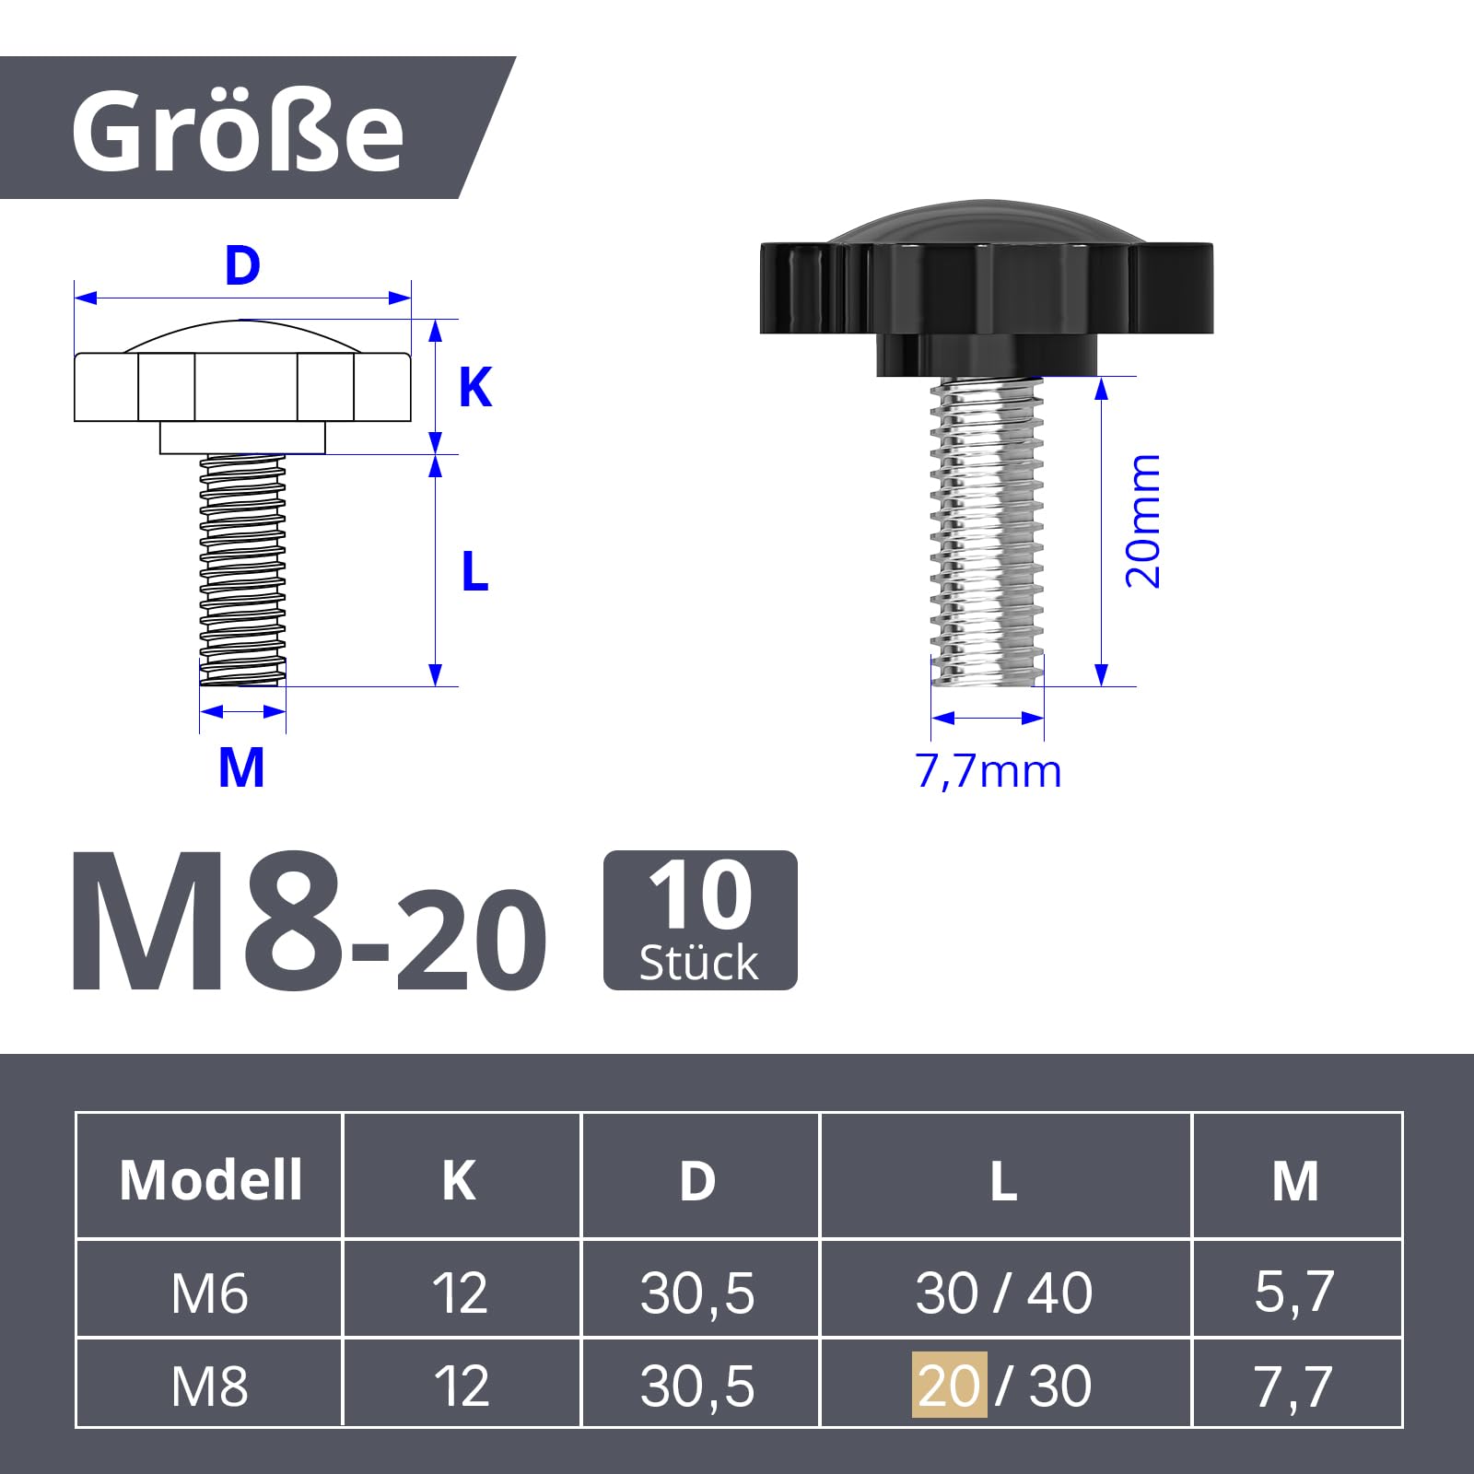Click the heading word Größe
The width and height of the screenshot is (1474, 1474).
tap(238, 131)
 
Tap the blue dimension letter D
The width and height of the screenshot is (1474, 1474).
tap(242, 265)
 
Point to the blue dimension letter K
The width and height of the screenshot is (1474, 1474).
tap(475, 387)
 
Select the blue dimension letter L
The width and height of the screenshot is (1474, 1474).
tap(474, 571)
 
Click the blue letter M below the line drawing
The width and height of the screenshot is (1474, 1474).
tap(241, 767)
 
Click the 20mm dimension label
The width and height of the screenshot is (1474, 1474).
tap(1142, 521)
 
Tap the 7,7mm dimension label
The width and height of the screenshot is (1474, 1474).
tap(989, 771)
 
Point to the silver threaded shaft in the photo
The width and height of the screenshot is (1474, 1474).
tap(987, 532)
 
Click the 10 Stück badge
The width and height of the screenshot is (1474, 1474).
tap(700, 920)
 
